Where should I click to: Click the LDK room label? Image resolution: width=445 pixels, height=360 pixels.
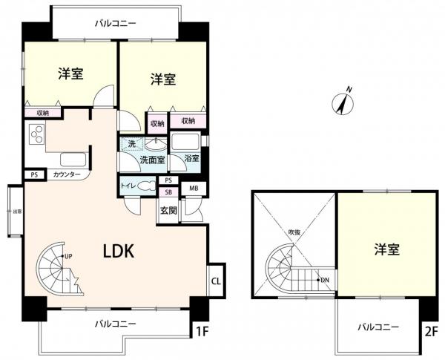pos(117,251)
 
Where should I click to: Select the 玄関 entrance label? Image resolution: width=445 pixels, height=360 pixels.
pos(168,210)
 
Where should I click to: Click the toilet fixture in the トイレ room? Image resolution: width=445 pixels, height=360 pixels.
pos(145,186)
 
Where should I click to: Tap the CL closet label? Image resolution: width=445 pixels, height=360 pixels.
pos(215,281)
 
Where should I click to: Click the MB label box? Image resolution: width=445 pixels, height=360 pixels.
pos(194,189)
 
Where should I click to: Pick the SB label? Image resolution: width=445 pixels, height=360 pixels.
pos(168,191)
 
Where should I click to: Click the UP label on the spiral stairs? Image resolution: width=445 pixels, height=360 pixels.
pos(68,257)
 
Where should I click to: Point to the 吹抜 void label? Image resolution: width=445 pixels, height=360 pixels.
pos(295,232)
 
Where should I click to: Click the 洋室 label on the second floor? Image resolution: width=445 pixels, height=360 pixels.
pos(386,249)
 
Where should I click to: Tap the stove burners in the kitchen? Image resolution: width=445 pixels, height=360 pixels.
pos(36,135)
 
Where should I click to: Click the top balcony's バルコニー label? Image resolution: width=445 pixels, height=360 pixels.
pos(115,24)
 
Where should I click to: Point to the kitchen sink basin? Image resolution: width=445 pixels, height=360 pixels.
pos(73,159)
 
